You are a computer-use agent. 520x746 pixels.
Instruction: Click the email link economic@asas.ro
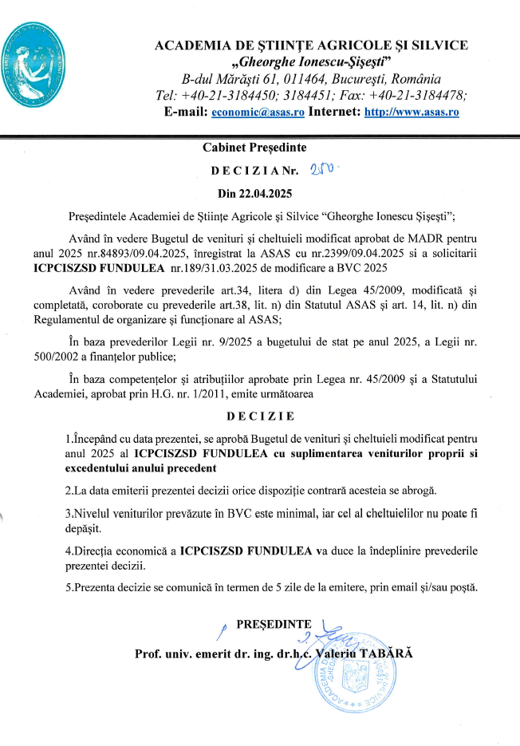pyautogui.click(x=258, y=112)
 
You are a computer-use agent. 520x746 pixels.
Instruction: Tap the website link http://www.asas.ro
pyautogui.click(x=412, y=112)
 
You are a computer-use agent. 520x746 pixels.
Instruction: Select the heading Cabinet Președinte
pyautogui.click(x=254, y=148)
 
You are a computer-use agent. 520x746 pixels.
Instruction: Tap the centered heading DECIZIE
pyautogui.click(x=260, y=416)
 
